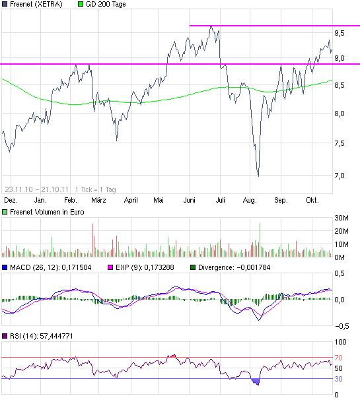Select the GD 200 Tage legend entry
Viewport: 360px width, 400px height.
click(106, 4)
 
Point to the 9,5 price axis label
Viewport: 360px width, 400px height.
click(339, 32)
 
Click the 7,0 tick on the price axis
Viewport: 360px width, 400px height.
click(339, 176)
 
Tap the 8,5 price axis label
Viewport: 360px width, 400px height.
click(339, 85)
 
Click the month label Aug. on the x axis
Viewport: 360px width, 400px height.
click(250, 199)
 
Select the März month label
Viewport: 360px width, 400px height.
click(98, 199)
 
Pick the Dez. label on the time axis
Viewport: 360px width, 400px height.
click(10, 199)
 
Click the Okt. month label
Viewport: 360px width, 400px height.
click(312, 199)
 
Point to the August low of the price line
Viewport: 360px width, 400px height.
click(258, 176)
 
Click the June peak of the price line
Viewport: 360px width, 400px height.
click(211, 26)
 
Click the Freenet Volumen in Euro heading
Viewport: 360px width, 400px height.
click(42, 212)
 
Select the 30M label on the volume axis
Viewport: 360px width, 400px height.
click(342, 218)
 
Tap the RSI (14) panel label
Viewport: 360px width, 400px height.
click(38, 337)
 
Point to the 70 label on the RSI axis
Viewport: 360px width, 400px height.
click(338, 357)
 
